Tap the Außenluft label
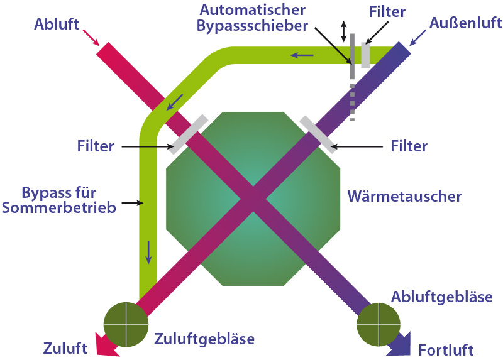(x=465, y=24)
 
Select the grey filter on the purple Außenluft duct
(x=318, y=134)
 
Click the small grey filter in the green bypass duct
(x=365, y=55)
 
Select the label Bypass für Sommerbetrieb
(x=60, y=199)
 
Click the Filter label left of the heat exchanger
(x=96, y=146)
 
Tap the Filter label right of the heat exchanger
(x=409, y=146)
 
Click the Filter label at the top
(x=387, y=12)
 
